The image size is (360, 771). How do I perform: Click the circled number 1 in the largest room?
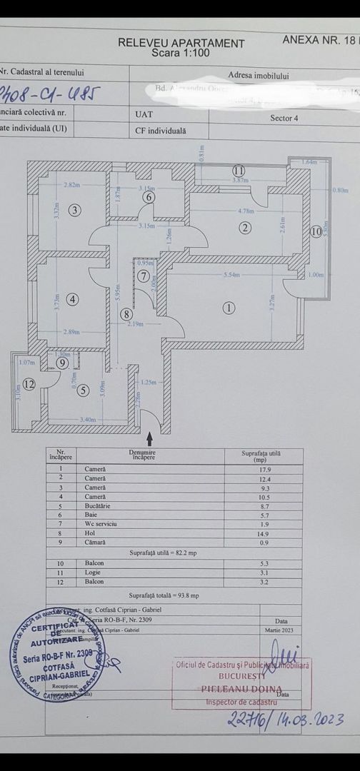[x=229, y=308]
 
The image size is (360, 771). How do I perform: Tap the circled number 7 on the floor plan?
[x=144, y=276]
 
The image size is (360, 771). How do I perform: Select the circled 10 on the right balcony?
[x=316, y=231]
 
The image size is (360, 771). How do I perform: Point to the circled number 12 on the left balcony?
[x=29, y=384]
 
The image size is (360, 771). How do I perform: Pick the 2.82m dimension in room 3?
[x=71, y=185]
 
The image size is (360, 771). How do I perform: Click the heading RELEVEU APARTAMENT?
[x=181, y=43]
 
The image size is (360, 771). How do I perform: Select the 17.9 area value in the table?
[x=264, y=469]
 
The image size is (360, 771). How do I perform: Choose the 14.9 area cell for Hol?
[x=264, y=533]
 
